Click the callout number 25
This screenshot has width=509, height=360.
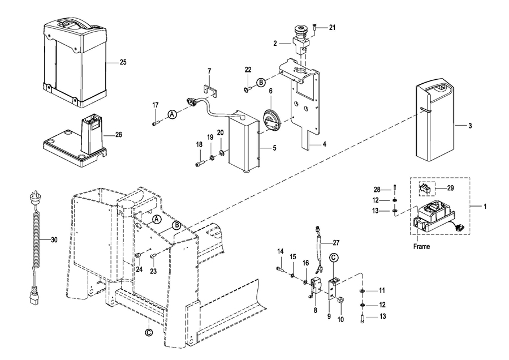point(123,62)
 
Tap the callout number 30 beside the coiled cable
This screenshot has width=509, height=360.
point(54,240)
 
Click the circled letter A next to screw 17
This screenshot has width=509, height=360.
point(172,114)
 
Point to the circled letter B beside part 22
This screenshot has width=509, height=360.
point(261,82)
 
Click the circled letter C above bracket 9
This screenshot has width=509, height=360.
point(333,258)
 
